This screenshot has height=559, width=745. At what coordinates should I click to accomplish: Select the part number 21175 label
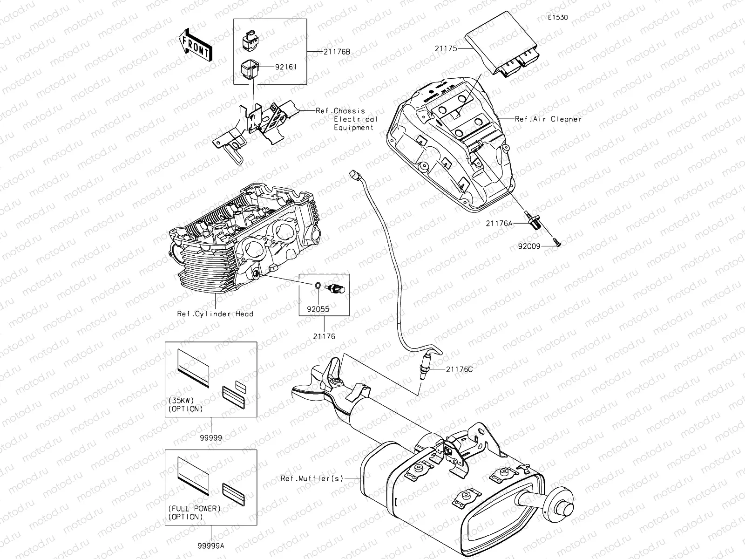[x=446, y=48]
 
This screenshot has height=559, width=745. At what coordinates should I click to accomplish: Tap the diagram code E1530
[x=557, y=18]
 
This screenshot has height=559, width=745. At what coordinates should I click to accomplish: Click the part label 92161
[x=285, y=67]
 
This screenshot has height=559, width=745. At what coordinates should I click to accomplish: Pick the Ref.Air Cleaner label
[x=548, y=119]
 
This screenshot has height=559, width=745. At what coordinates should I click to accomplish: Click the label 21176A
[x=499, y=223]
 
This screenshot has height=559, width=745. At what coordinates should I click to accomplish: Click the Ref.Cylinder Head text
[x=215, y=314]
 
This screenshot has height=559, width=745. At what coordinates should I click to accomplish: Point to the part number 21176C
[x=459, y=369]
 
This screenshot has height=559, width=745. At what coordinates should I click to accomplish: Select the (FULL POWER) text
[x=194, y=508]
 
